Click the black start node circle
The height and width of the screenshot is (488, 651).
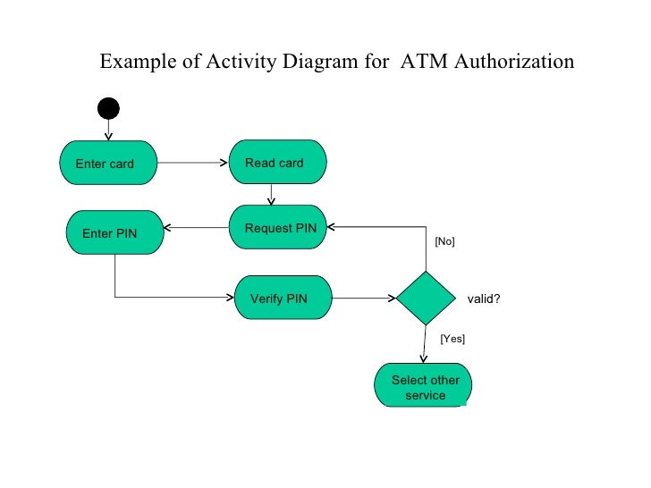108,109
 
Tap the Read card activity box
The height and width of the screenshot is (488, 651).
278,163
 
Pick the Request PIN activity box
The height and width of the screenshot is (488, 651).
279,229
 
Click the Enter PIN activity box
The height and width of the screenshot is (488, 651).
114,233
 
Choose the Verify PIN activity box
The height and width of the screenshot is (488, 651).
283,299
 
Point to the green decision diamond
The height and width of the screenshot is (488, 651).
427,297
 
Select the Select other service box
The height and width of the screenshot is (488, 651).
425,387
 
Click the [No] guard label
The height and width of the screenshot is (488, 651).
444,241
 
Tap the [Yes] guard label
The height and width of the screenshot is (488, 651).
452,339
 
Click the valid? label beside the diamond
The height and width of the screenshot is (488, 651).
484,299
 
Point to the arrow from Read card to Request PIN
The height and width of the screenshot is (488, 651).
272,195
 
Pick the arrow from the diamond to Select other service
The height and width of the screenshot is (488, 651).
425,344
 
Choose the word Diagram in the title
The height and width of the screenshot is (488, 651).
325,62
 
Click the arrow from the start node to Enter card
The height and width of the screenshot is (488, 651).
108,130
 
